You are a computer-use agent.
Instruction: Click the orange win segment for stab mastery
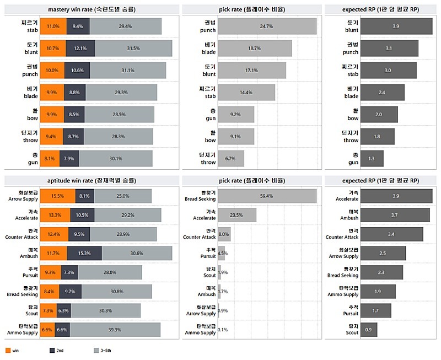point(53,26)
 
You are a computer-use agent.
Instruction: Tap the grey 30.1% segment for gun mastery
point(116,158)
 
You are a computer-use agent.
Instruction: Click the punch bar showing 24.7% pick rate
point(267,26)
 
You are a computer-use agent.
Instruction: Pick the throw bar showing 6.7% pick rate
point(230,158)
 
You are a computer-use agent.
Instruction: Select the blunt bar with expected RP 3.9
point(396,26)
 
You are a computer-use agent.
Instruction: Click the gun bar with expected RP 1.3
point(372,158)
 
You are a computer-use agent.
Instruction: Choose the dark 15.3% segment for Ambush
point(84,253)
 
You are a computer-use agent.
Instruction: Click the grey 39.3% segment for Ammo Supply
point(115,330)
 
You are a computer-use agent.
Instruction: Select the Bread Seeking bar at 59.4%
point(267,196)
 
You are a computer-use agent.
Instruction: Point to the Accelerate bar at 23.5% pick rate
point(237,215)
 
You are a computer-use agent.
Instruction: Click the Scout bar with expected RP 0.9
point(368,330)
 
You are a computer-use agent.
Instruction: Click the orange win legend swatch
point(7,350)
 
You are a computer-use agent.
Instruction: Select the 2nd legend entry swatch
point(52,350)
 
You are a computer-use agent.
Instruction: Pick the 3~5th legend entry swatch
point(96,350)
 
